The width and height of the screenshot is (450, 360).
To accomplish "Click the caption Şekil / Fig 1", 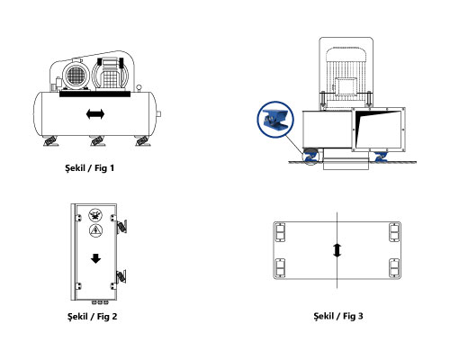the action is [90, 168].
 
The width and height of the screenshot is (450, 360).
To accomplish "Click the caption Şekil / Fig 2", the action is [92, 317].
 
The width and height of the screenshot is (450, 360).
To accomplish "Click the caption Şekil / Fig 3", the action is [338, 316].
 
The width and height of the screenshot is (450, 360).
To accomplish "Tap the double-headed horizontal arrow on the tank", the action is [95, 114].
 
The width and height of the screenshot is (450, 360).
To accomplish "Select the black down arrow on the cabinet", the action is [95, 258].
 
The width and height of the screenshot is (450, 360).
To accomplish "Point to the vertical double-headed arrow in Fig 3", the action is [337, 250].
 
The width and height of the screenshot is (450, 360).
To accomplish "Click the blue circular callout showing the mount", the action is [275, 120].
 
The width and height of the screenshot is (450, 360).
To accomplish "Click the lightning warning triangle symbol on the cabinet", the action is [95, 230].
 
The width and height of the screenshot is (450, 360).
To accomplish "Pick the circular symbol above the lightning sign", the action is [95, 215].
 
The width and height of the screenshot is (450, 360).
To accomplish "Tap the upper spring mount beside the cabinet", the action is [121, 226].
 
